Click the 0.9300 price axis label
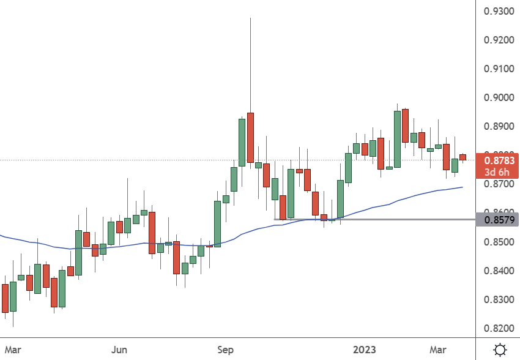(498, 12)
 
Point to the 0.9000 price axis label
(498, 97)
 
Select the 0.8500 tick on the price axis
(498, 242)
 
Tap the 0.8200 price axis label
(498, 328)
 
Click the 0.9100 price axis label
(498, 69)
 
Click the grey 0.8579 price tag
(497, 219)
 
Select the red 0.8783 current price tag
(497, 161)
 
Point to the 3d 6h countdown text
(497, 172)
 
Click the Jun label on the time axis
(120, 350)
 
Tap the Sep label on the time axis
(226, 350)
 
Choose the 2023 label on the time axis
(365, 350)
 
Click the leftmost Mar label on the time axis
(13, 350)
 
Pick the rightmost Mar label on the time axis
(437, 350)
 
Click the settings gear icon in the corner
(500, 350)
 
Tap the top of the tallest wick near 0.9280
(250, 19)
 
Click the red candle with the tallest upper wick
(250, 138)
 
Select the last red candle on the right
(463, 157)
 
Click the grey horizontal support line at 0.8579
(398, 219)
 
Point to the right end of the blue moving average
(462, 187)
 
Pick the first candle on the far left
(6, 298)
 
